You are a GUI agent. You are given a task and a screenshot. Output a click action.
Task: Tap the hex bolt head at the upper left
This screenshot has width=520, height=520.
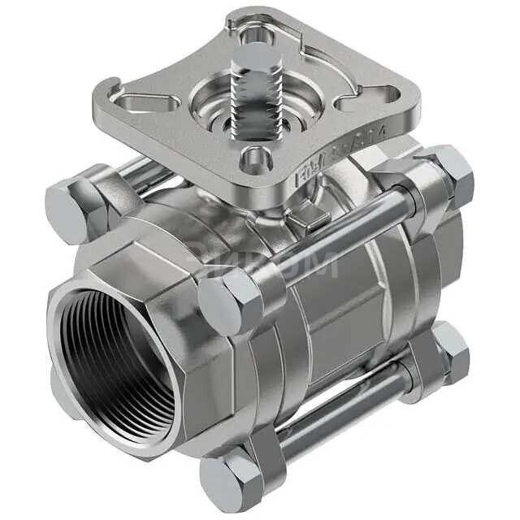tap(69, 210)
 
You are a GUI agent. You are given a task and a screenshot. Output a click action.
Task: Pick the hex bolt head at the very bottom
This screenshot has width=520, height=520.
tap(231, 480)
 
